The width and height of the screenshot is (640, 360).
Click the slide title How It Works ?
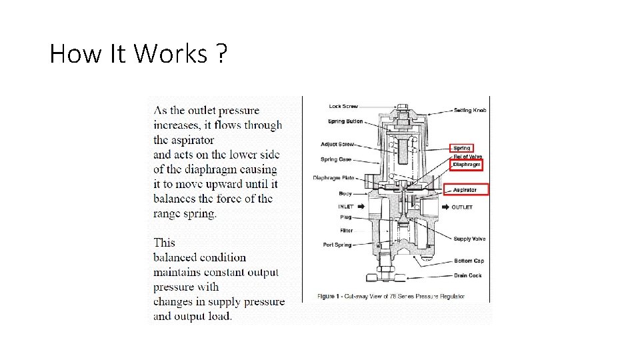(138, 53)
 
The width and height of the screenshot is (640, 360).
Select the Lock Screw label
(343, 107)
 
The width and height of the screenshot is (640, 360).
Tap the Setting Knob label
(470, 110)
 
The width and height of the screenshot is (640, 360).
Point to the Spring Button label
(345, 121)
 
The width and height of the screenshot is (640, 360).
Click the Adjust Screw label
(337, 144)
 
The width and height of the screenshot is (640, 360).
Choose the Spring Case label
(335, 159)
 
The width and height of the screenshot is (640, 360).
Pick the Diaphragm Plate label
(333, 178)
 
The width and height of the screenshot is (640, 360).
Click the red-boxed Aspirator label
(465, 190)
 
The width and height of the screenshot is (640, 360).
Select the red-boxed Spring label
(462, 148)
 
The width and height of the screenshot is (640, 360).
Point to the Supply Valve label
(469, 239)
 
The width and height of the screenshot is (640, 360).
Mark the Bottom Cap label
(468, 261)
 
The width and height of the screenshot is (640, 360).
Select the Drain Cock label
(467, 275)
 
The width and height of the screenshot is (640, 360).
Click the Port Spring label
(337, 245)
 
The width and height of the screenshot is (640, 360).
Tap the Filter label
(346, 231)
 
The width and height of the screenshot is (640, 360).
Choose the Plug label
(346, 217)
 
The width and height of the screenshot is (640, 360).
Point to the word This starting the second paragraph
(165, 243)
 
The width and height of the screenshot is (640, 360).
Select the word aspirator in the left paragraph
(192, 140)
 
